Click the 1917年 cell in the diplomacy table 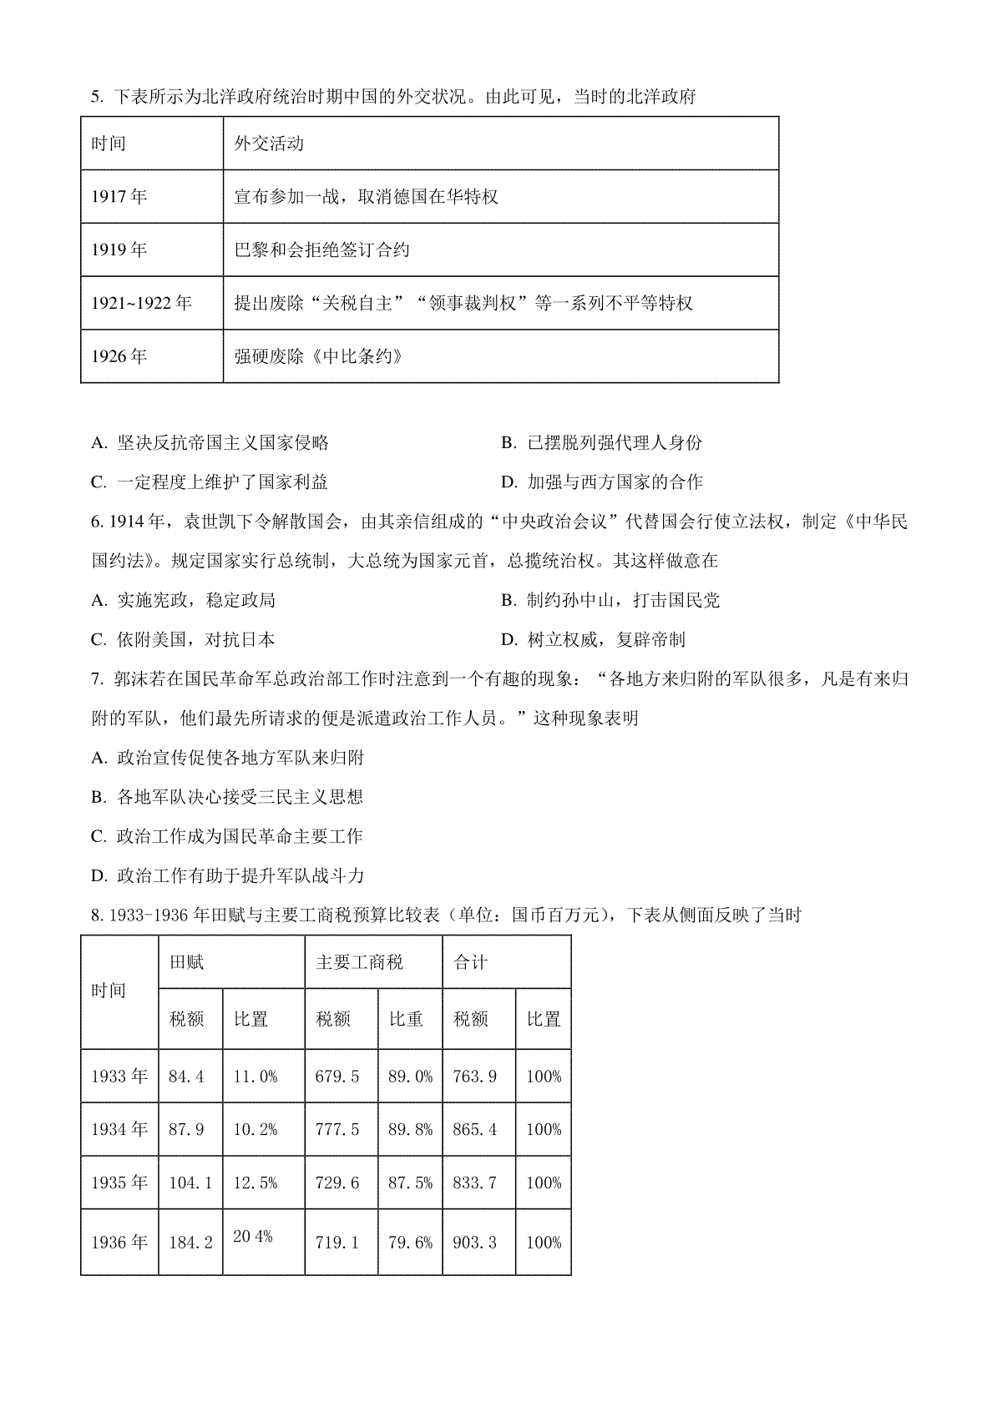119,197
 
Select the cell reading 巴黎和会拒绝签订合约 322,250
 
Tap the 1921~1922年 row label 141,303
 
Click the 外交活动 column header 269,144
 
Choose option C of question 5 210,482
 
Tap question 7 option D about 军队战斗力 228,876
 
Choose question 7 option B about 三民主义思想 227,797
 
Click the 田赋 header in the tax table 186,962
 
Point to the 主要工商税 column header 359,962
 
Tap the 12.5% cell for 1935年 256,1183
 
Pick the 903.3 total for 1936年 474,1243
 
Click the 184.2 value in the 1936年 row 190,1243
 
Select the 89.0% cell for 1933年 410,1077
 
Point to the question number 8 95,915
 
